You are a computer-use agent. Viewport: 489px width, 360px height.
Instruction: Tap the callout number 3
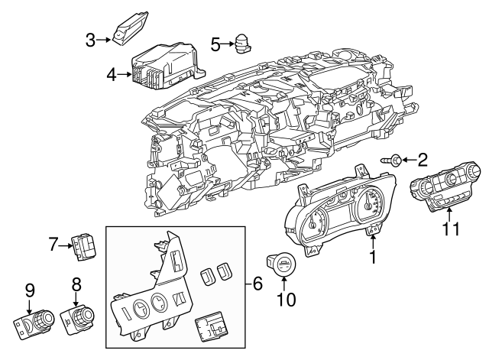click(90, 38)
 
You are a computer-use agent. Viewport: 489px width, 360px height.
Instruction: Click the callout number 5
click(215, 44)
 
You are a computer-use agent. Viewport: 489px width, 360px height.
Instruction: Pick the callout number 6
click(257, 284)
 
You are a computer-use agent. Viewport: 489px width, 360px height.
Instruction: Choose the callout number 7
click(53, 245)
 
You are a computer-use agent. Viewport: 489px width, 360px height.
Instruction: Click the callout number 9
click(30, 290)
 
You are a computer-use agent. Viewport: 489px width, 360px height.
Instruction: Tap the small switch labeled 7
click(83, 245)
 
